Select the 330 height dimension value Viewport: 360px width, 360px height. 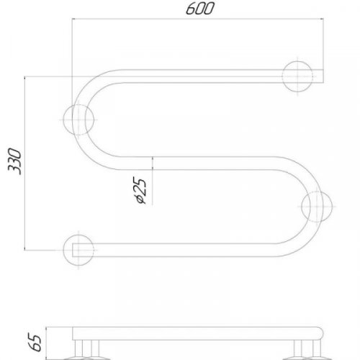(x=14, y=163)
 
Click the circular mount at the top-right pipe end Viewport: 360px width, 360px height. (x=298, y=76)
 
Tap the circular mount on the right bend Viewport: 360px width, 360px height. (x=318, y=207)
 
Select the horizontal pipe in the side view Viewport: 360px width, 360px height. (x=202, y=333)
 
